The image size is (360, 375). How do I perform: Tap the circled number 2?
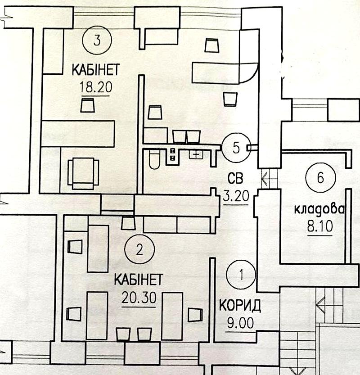coord(140,249)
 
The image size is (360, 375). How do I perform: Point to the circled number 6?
coord(319,177)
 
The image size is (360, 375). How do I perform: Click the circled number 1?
coord(242,274)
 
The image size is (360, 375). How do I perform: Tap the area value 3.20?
coord(236,196)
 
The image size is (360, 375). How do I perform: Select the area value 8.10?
coord(319,226)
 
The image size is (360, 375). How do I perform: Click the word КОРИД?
coord(240,306)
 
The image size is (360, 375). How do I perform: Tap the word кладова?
coord(319,209)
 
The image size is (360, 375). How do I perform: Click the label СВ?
coord(235,179)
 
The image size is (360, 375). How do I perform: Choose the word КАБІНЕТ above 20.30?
coord(138,280)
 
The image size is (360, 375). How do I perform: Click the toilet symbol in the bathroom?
coord(154,159)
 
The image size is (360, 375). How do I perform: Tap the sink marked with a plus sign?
coord(195,154)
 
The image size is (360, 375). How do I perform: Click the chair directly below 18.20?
coord(88,106)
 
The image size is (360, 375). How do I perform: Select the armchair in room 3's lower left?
coord(83,173)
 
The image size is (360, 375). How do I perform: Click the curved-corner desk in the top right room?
coord(225,72)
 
